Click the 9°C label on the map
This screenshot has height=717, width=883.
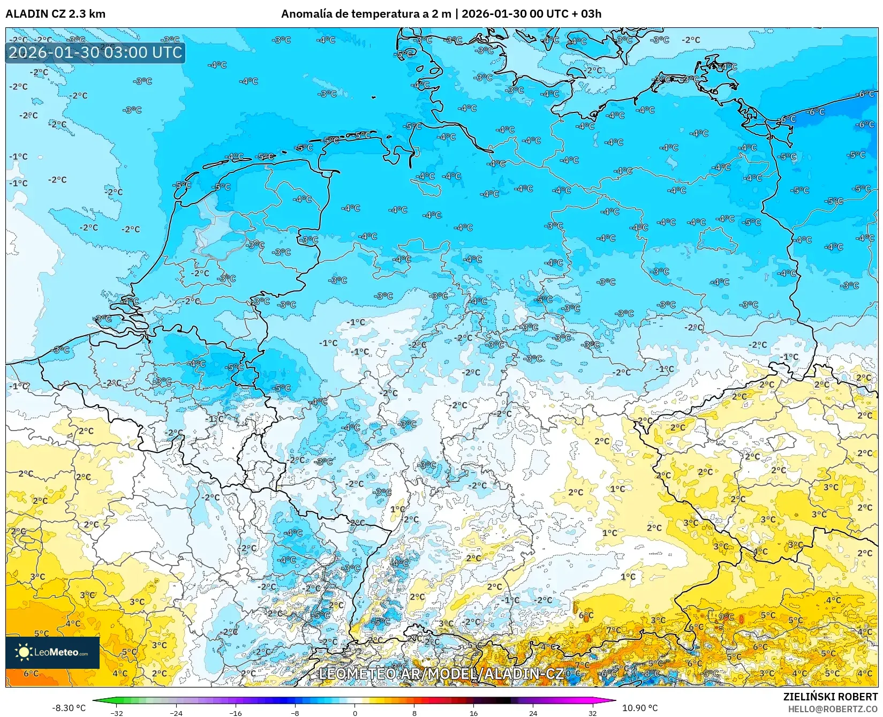point(727,617)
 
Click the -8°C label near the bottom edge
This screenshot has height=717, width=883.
point(652,674)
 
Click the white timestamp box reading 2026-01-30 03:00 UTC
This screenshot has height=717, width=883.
point(95,52)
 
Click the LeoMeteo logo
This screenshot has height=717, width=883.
point(52,652)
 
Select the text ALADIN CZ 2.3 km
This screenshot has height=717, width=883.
point(55,14)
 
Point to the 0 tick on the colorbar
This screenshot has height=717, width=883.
point(354,713)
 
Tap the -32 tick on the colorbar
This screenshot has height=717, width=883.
point(117,713)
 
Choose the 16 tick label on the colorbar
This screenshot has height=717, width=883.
point(473,713)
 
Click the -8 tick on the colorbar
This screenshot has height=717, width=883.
point(295,713)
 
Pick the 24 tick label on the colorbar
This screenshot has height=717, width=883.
point(533,713)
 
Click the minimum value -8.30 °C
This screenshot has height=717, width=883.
point(69,708)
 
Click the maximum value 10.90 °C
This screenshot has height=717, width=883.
point(640,708)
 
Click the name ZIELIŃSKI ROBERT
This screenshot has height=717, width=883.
point(831,697)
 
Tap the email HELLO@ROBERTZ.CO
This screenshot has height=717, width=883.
point(833,709)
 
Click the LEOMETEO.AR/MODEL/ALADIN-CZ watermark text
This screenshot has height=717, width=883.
point(441,674)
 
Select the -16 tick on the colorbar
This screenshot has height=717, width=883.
point(236,713)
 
